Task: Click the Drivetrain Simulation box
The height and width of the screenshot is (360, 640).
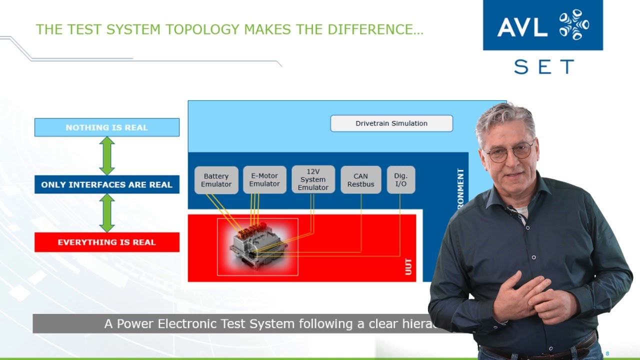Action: click(391, 123)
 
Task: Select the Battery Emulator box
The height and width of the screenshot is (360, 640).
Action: click(216, 180)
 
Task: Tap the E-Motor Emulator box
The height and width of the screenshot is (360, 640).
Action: click(264, 180)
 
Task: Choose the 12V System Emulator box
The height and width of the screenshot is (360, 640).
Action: click(313, 179)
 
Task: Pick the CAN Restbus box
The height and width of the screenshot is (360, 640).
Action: click(360, 180)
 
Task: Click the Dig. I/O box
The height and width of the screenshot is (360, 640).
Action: click(400, 180)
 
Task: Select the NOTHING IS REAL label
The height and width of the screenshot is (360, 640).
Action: click(106, 127)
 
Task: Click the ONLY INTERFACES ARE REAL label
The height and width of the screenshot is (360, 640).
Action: click(106, 184)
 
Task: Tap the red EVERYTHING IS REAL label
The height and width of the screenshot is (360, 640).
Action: click(106, 242)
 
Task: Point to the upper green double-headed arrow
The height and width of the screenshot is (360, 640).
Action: click(107, 155)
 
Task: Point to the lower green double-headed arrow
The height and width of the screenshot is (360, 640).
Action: click(107, 213)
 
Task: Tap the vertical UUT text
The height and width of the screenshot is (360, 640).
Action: click(408, 266)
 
